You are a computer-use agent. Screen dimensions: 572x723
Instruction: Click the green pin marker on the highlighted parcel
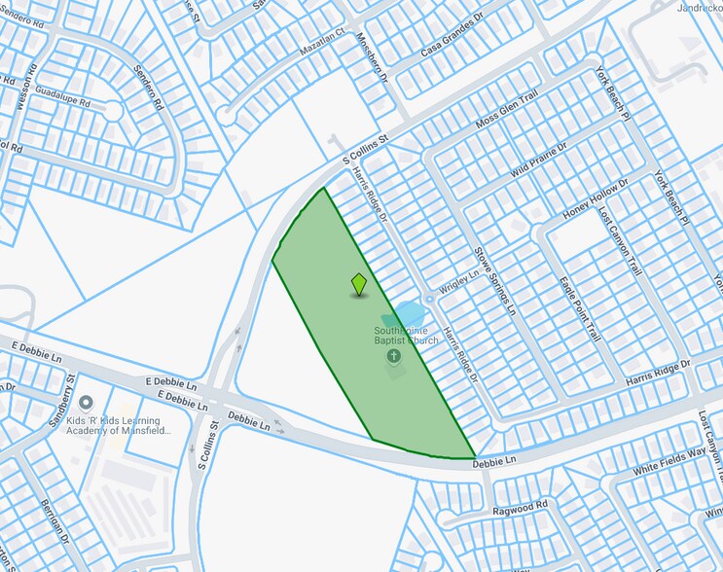[x=359, y=284]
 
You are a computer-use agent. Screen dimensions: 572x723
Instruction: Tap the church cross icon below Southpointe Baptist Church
[x=394, y=357]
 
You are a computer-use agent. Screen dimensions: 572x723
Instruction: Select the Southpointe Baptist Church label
[x=407, y=336]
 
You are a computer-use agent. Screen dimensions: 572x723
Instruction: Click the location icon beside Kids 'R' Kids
[x=86, y=402]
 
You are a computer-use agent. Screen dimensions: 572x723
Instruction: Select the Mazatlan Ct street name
[x=321, y=39]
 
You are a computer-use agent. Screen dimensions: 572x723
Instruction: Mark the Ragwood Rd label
[x=521, y=506]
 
